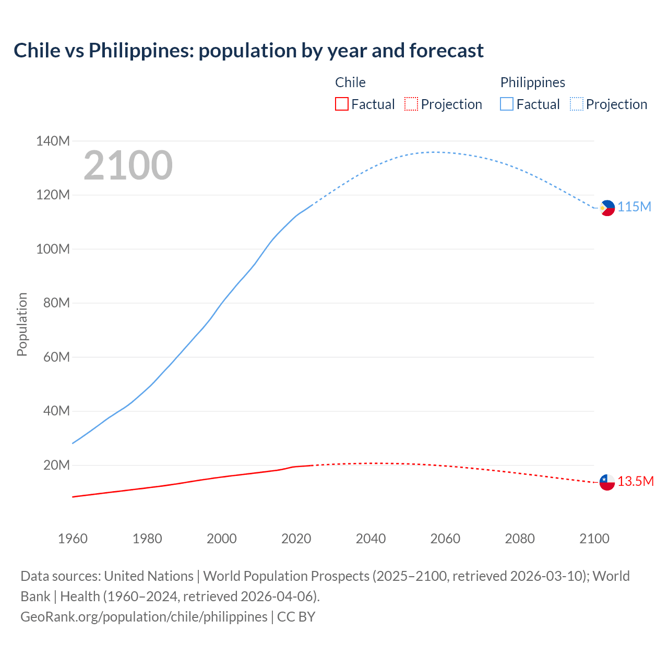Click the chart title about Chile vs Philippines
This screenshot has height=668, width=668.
tap(248, 51)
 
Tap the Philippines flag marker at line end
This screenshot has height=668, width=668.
tap(607, 208)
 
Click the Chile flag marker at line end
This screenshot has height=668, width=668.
tap(607, 482)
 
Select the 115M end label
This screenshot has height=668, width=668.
tap(635, 207)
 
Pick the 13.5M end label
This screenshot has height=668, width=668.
tap(636, 482)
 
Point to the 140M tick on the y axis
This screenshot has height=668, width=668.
tap(53, 141)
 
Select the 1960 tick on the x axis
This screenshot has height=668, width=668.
tap(73, 539)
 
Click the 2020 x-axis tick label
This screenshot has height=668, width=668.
tap(296, 539)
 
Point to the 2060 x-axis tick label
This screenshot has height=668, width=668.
tap(445, 539)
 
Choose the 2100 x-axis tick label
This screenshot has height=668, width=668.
tap(594, 539)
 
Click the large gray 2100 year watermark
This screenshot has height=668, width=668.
tap(128, 165)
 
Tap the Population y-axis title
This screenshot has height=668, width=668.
tap(22, 324)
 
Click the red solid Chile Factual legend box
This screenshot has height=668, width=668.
tap(342, 104)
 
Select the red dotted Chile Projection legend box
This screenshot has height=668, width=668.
tap(411, 104)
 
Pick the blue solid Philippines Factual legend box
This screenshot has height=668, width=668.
tap(507, 104)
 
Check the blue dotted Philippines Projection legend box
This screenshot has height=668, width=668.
tap(577, 104)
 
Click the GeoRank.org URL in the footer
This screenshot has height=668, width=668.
tap(144, 617)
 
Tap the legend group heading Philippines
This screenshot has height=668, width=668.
tap(532, 82)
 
